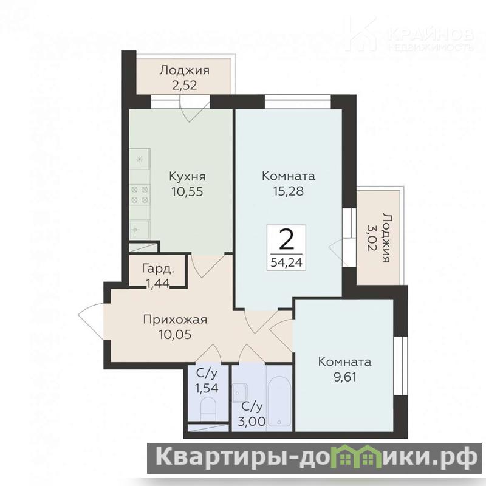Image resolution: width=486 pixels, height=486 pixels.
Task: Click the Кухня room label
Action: point(187,177)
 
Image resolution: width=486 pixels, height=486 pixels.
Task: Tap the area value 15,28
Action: point(288,191)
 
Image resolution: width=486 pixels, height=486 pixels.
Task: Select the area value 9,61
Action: point(344,377)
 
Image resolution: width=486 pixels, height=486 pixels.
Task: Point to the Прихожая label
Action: point(175,320)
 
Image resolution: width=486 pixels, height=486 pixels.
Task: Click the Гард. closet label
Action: point(158,269)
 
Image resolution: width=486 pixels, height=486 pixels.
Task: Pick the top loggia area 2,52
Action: point(185,85)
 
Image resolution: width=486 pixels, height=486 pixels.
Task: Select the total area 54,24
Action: point(286,262)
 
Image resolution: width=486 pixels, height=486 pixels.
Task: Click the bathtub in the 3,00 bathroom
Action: point(279,402)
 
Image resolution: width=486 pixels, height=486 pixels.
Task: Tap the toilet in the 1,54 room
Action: point(208,408)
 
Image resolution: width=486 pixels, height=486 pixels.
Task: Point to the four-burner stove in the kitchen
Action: point(140,194)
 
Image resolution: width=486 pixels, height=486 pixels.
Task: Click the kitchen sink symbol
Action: point(140,230)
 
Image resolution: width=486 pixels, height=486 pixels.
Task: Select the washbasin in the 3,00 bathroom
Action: point(239,392)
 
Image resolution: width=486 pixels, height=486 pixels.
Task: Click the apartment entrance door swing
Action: point(91,321)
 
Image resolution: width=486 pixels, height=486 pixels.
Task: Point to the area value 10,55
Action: point(187,191)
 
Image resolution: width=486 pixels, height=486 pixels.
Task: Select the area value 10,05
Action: point(175,335)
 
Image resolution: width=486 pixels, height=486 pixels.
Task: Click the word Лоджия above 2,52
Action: point(185,70)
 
